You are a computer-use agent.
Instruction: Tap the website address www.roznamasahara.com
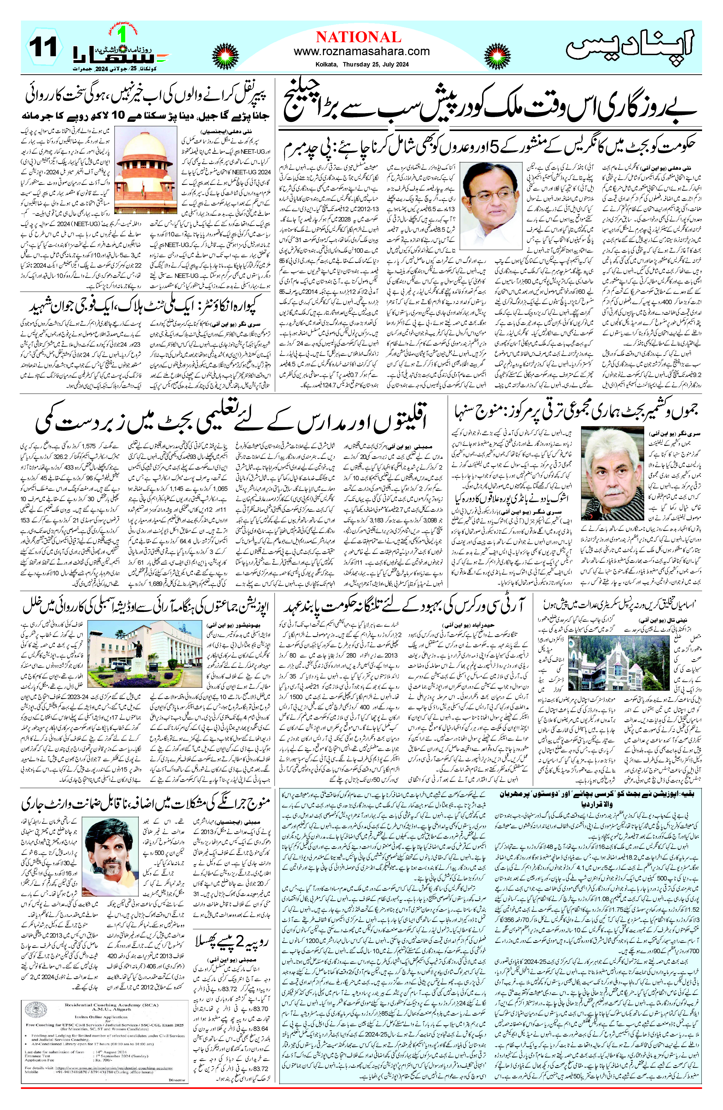[362, 51]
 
